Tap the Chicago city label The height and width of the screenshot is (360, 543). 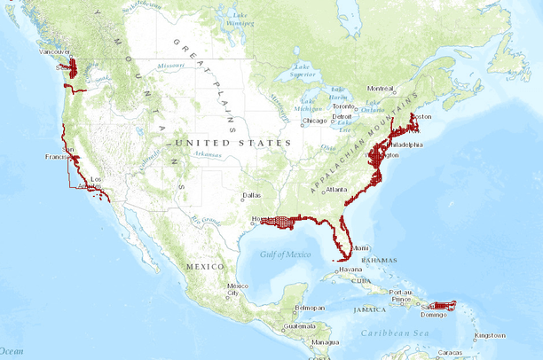point(315,121)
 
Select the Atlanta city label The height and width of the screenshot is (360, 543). point(336,189)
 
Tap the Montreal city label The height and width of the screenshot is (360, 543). point(380,89)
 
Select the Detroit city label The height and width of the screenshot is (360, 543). point(342,116)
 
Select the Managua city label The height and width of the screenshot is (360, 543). point(326,342)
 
